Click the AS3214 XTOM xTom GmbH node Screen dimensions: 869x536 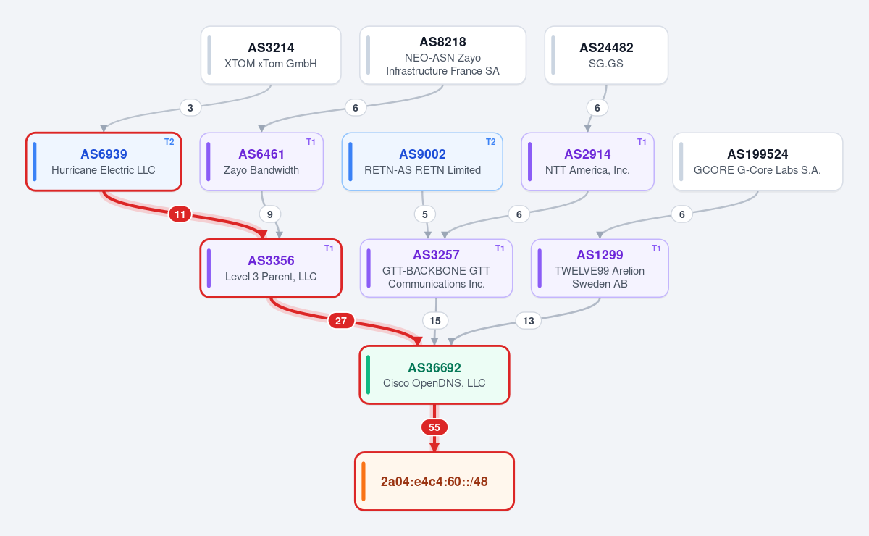click(271, 55)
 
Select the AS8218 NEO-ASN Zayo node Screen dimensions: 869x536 click(442, 55)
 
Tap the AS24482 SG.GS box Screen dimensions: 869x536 click(606, 55)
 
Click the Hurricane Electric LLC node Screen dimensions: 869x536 click(104, 162)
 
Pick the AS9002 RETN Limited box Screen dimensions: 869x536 click(422, 162)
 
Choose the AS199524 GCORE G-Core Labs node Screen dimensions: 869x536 click(757, 162)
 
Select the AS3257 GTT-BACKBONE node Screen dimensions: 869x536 click(436, 268)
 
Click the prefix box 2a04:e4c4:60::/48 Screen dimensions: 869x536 click(434, 481)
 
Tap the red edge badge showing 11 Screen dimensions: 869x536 click(180, 214)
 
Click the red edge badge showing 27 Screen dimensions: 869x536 click(340, 321)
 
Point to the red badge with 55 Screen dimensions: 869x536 click(434, 427)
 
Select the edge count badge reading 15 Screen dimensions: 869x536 click(435, 321)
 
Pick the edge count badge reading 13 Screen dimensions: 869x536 click(529, 321)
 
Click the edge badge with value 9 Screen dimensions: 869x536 click(269, 214)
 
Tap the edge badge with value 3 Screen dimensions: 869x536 click(190, 108)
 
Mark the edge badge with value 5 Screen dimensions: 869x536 click(425, 214)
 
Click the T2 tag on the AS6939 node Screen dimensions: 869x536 click(169, 142)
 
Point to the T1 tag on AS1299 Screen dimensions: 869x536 click(656, 248)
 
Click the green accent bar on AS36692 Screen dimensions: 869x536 click(368, 374)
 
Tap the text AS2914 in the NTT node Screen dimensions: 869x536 click(587, 154)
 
